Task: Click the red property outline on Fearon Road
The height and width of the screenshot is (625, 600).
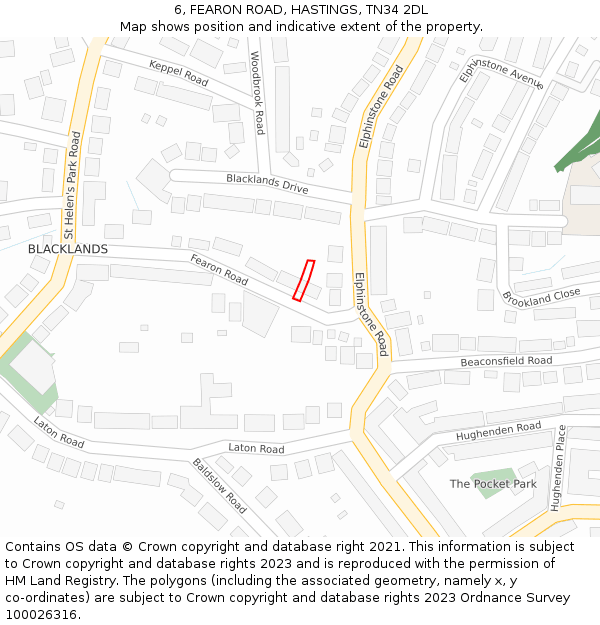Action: click(x=303, y=280)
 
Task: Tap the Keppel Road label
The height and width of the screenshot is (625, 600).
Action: click(x=178, y=72)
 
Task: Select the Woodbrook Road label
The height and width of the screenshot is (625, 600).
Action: click(x=258, y=93)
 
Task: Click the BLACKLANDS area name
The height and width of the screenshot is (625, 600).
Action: click(x=68, y=248)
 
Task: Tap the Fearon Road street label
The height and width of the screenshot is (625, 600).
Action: click(x=219, y=268)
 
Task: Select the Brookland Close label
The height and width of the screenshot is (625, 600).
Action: click(x=541, y=298)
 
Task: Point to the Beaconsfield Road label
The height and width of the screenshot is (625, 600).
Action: click(x=506, y=361)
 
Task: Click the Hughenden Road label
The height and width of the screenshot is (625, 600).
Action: click(x=498, y=432)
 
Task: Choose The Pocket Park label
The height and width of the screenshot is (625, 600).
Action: click(x=493, y=484)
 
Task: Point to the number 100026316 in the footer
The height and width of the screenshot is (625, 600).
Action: click(x=40, y=614)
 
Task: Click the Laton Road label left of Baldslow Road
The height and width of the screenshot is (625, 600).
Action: click(x=58, y=431)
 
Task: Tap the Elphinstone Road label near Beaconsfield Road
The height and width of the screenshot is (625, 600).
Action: click(x=369, y=315)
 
